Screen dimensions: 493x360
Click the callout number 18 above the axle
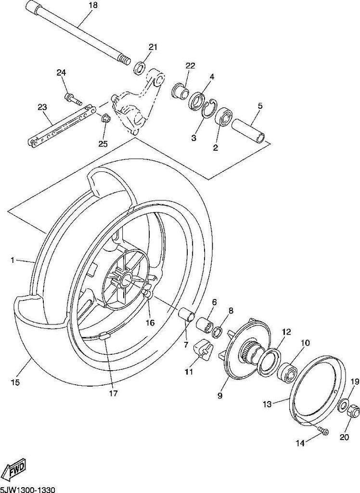93,5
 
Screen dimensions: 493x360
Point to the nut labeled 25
105,118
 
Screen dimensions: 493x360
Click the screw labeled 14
323,432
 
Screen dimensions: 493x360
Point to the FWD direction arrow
14,469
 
